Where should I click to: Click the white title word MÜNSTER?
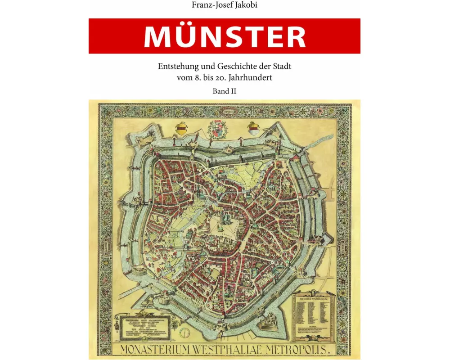[x=225, y=36]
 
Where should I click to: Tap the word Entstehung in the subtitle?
[x=176, y=66]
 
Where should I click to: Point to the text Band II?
[x=225, y=90]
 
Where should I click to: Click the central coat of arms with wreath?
[x=218, y=130]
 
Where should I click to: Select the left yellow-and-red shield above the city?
[x=182, y=128]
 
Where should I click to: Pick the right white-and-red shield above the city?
[x=252, y=128]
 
